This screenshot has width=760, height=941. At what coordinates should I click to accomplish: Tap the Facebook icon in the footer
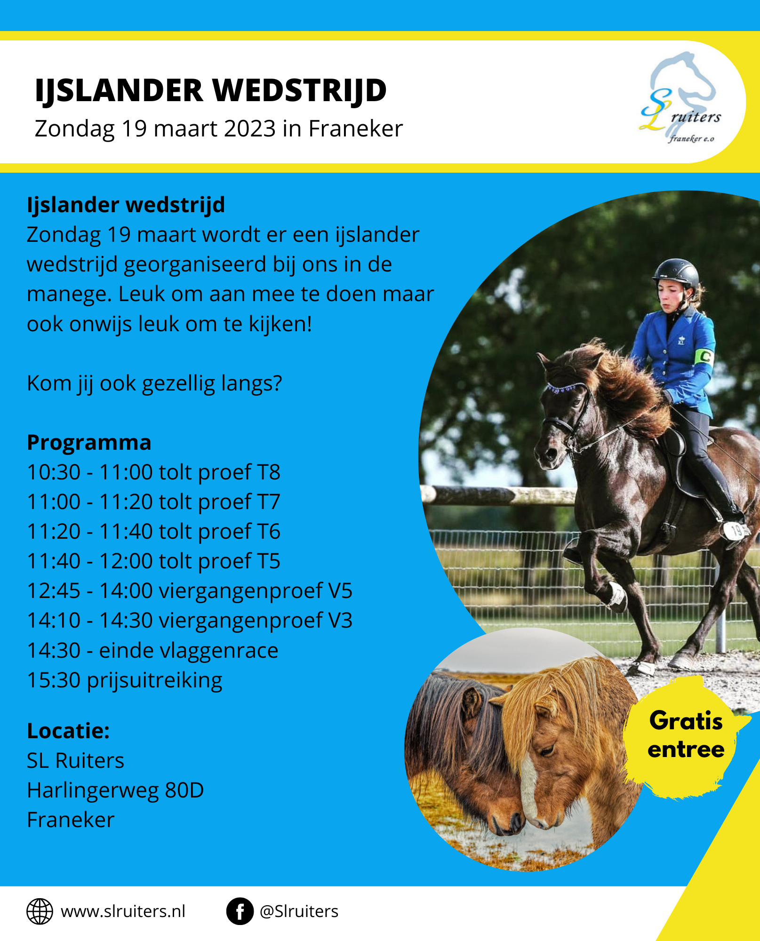[240, 911]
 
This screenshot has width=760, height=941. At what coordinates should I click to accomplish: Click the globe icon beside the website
[40, 911]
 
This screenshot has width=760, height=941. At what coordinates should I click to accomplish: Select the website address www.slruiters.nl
[123, 911]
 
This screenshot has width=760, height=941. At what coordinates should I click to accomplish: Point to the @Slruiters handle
[299, 911]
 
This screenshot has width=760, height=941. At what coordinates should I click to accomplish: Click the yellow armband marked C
[704, 356]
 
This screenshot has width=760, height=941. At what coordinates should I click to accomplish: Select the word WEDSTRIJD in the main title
[299, 90]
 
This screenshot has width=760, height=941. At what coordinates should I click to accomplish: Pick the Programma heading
[89, 443]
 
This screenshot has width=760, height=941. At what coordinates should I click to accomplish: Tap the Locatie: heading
[68, 731]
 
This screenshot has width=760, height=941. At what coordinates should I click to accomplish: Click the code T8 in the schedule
[269, 472]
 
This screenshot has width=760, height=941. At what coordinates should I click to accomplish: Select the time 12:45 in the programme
[54, 591]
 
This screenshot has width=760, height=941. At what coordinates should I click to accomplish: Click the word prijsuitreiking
[154, 681]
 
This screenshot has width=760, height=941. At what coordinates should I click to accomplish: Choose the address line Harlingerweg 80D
[115, 790]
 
